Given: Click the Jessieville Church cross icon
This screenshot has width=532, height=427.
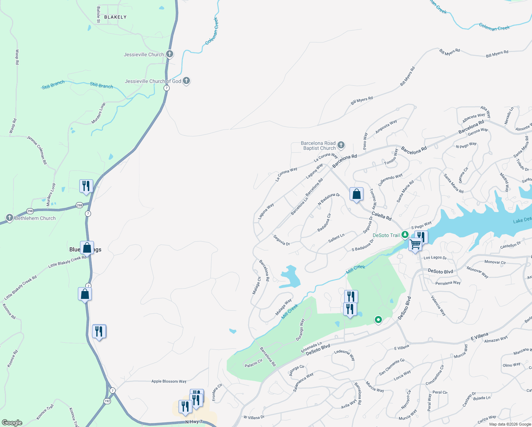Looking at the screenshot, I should click(x=170, y=54).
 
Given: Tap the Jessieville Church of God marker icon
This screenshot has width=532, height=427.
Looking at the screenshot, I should click(x=186, y=81).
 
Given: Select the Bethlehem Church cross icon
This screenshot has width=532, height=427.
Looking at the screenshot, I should click(x=10, y=218).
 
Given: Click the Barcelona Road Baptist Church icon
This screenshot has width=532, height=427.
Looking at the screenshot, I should click(x=341, y=145).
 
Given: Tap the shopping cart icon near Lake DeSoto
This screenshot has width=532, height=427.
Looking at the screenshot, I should click(x=415, y=245).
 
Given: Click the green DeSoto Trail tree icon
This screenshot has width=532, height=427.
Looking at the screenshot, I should click(x=405, y=235).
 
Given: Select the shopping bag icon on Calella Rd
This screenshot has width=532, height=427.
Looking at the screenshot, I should click(x=356, y=194).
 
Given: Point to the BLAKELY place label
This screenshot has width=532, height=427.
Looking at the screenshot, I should click(x=115, y=17).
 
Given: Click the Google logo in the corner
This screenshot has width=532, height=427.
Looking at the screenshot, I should click(x=12, y=422).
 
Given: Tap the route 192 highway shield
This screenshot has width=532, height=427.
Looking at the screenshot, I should click(x=107, y=401).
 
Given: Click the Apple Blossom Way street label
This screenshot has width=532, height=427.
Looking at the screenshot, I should click(x=169, y=381).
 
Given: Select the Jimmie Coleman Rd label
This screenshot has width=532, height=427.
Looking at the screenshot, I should click(x=37, y=150).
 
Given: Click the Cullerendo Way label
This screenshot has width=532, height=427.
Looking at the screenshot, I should click(x=390, y=180).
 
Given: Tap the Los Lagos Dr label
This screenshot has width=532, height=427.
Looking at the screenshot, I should click(x=435, y=258).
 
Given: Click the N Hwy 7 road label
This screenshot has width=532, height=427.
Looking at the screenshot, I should click(x=194, y=422).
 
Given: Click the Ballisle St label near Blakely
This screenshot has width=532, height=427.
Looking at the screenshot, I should click(x=99, y=15).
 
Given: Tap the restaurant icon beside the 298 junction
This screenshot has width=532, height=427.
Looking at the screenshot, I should click(x=86, y=186).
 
